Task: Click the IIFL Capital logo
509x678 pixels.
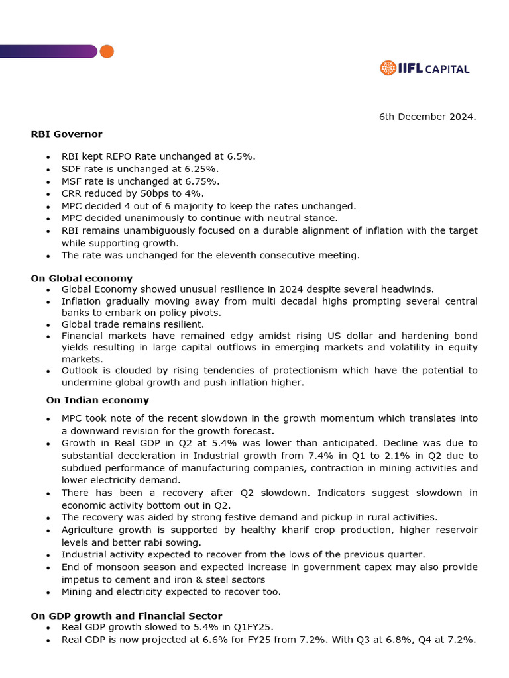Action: click(424, 68)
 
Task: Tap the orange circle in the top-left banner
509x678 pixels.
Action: click(106, 52)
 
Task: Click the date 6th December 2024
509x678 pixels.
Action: click(427, 117)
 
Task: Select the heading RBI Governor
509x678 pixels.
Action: click(66, 134)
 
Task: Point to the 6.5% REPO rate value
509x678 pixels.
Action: click(243, 156)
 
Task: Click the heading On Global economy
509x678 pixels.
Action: click(82, 279)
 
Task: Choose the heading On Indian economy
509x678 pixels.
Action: click(97, 401)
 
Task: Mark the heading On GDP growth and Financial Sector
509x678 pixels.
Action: click(126, 616)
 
